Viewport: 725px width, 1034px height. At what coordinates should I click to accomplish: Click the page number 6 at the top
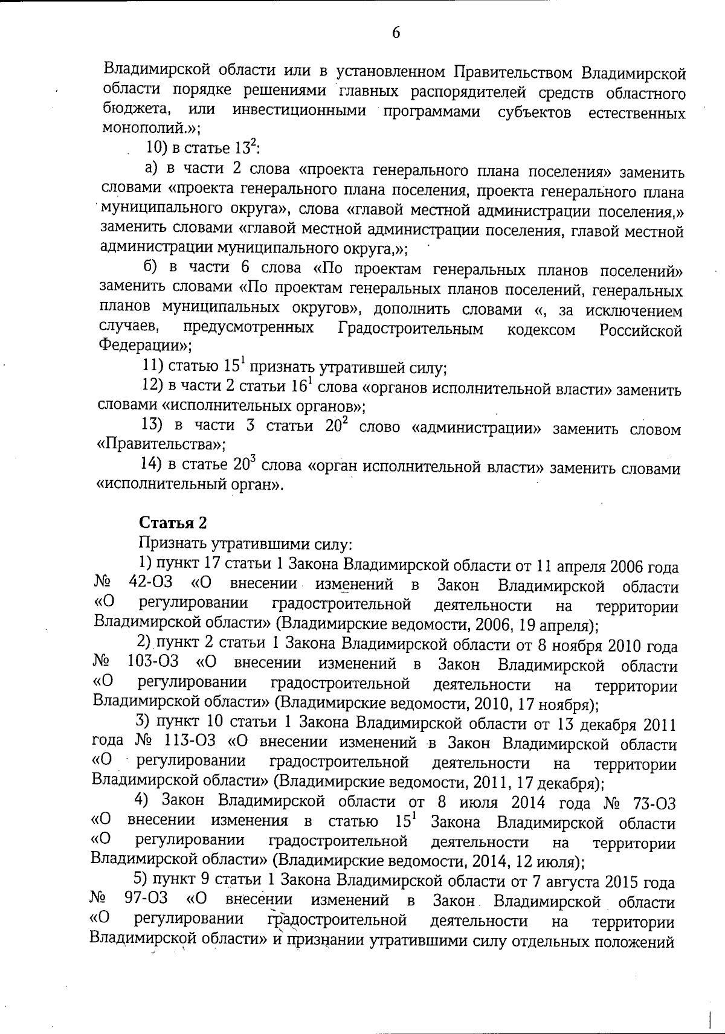tap(396, 32)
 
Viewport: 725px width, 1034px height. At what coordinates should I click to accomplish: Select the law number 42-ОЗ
tap(150, 585)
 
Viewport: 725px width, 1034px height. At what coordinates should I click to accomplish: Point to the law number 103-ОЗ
tap(153, 663)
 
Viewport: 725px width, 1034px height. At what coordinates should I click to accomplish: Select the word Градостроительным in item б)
tap(411, 329)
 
